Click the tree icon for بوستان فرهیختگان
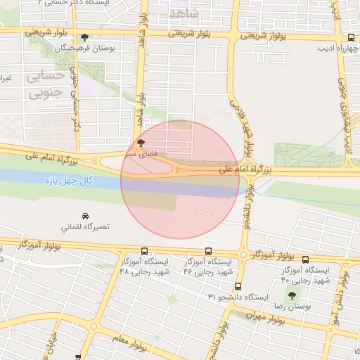pos(85,37)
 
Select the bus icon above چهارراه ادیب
pos(351,38)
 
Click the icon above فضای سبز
pos(141,142)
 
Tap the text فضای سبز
pos(136,153)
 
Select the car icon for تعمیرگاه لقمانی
pos(85,215)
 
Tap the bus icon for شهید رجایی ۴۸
pos(145,251)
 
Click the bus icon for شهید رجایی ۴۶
pos(209,251)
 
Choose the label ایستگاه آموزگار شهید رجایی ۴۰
pos(305,276)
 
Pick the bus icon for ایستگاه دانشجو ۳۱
pos(238,286)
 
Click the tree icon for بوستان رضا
pos(291,297)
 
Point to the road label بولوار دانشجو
pos(247,209)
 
